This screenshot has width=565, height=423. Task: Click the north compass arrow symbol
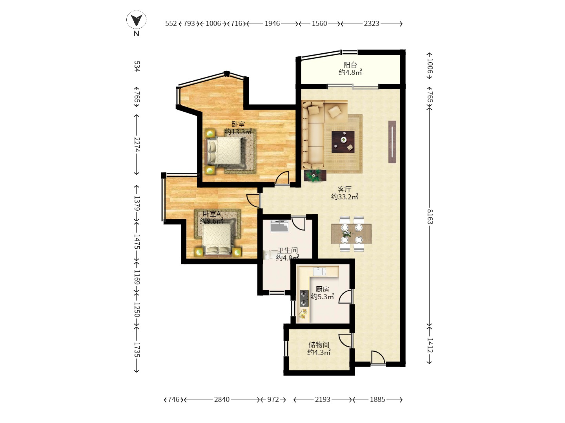[136, 20]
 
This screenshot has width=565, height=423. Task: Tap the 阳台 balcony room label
[350, 65]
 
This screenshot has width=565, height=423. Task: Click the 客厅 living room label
[344, 189]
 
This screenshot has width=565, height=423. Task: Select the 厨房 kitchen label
[322, 289]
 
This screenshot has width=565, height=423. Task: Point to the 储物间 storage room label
[319, 345]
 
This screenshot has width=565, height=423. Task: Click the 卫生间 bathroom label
[287, 250]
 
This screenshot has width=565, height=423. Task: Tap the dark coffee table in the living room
[343, 142]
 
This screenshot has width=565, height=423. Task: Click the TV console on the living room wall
[392, 142]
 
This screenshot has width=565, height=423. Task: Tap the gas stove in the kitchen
[304, 298]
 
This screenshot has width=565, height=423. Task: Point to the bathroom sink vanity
[280, 226]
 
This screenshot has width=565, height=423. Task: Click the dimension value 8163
[430, 217]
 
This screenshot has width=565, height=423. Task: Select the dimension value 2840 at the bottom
[222, 399]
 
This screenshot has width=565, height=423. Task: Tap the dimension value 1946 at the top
[272, 23]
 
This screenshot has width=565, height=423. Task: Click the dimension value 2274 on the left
[137, 145]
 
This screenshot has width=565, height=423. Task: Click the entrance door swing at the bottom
[378, 357]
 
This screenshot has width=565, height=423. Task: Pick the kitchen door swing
[345, 296]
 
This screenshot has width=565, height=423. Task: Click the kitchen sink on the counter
[319, 271]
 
